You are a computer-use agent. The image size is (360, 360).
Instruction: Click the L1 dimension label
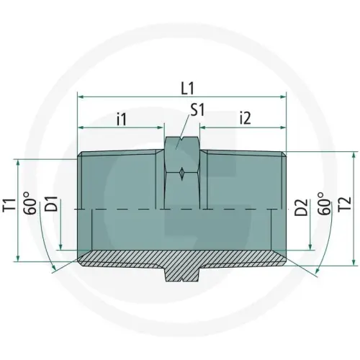click(x=187, y=89)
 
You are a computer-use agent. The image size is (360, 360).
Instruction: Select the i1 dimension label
click(x=122, y=117)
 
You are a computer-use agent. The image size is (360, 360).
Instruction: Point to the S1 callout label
click(x=198, y=111)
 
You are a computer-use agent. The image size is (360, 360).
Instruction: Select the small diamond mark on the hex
click(x=184, y=173)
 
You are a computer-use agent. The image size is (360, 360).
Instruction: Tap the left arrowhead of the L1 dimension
click(x=81, y=96)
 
